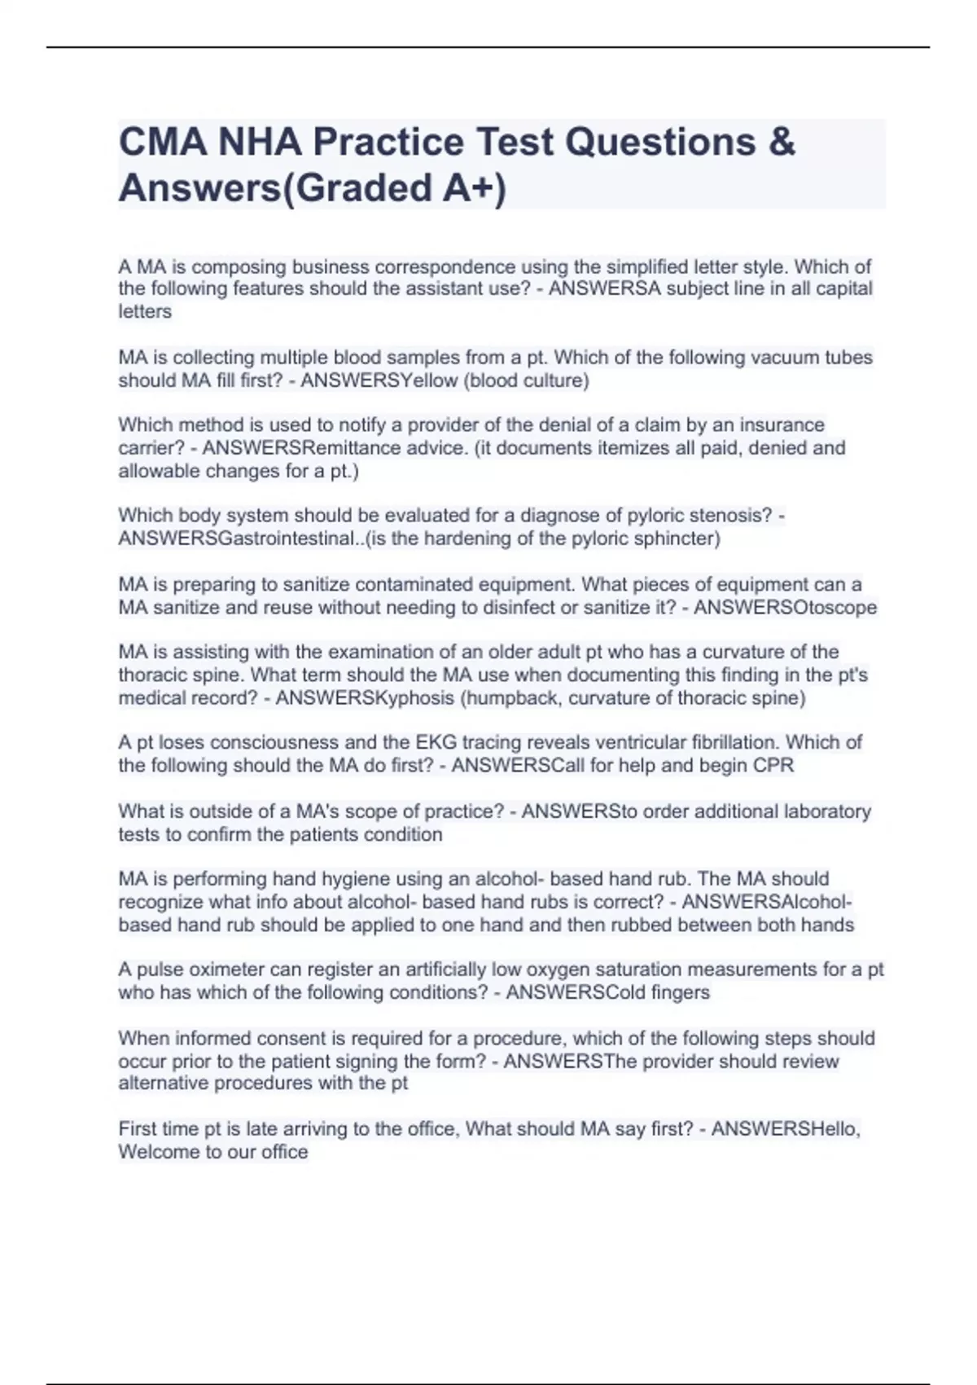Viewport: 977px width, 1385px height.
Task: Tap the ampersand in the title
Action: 782,143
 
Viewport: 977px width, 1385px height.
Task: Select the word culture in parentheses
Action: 553,380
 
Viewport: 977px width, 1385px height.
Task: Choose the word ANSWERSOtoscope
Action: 785,608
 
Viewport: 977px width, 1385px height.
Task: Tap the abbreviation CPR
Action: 773,766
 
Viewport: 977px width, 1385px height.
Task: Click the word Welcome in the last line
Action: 158,1152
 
